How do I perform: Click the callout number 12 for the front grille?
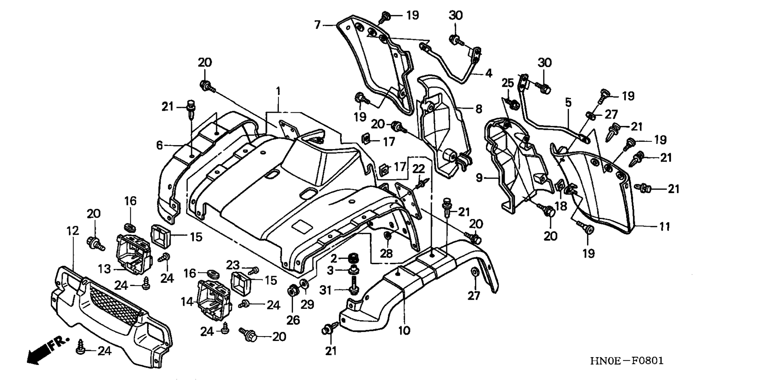point(73,231)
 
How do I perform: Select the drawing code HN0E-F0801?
point(627,361)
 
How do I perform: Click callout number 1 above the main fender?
point(278,91)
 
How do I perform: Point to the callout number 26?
point(293,320)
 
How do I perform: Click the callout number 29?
point(308,305)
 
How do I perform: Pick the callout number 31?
point(326,290)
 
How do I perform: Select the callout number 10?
point(404,330)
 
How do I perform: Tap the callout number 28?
point(386,253)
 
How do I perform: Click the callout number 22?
point(418,169)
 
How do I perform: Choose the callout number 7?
point(317,25)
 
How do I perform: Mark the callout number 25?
point(507,83)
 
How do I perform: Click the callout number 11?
point(664,227)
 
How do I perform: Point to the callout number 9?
point(479,177)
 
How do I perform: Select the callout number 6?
point(159,145)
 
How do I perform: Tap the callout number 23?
point(233,265)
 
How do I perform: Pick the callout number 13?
point(104,269)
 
